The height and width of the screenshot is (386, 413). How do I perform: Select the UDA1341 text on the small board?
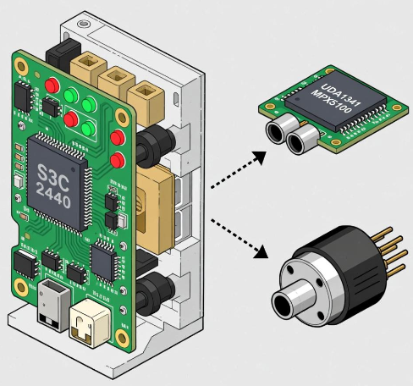[x=340, y=94]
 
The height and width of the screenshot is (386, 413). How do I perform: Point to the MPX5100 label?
[x=332, y=102]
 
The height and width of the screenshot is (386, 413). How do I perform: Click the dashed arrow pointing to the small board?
[x=239, y=169]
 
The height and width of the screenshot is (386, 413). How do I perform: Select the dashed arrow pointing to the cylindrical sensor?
[x=240, y=239]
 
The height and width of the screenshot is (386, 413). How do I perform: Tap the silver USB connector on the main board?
[x=53, y=305]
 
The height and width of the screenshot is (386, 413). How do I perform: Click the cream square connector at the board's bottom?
[x=90, y=323]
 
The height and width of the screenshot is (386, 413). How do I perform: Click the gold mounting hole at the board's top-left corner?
[x=21, y=66]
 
